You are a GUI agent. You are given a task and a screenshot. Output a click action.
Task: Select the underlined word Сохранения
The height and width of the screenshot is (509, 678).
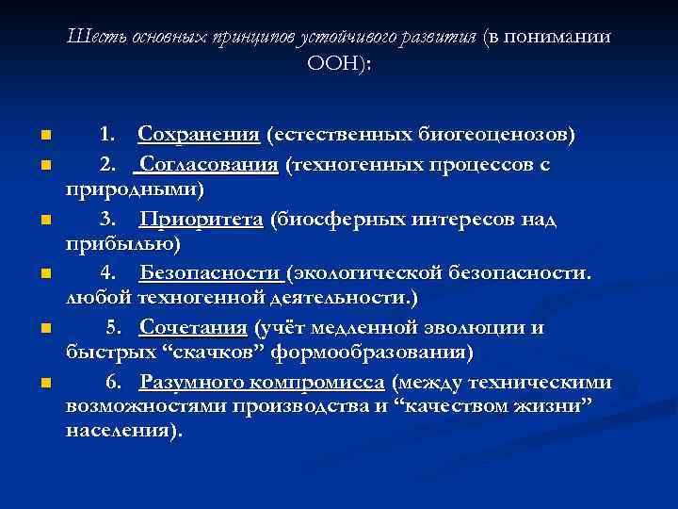tap(199, 135)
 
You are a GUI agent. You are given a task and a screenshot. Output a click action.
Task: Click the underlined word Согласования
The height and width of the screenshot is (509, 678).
tap(207, 165)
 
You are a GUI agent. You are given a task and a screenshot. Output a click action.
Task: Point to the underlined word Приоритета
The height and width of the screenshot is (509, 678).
tap(201, 220)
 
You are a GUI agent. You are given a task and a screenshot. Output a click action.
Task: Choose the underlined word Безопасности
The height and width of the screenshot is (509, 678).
tap(212, 273)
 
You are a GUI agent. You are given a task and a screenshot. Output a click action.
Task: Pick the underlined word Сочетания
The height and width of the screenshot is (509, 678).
tap(194, 328)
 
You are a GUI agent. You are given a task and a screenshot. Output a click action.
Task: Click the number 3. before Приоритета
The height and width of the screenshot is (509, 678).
tap(108, 220)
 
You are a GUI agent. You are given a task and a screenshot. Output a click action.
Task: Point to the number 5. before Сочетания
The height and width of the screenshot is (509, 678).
tap(113, 328)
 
